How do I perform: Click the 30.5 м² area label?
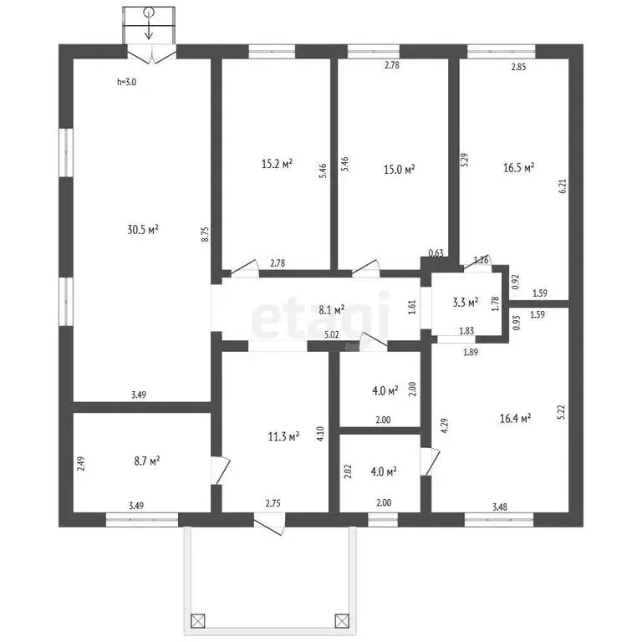tap(143, 229)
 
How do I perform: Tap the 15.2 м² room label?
tap(277, 164)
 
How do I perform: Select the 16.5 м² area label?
tap(519, 167)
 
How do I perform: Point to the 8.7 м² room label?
tap(147, 461)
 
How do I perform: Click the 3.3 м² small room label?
tap(466, 303)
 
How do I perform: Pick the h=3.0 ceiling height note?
tap(126, 82)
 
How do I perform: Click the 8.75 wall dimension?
tap(205, 234)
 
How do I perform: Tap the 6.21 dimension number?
tap(563, 186)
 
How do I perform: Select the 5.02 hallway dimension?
tap(332, 334)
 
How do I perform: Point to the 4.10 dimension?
tap(321, 434)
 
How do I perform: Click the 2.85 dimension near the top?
tap(519, 67)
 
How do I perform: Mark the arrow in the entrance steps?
tap(149, 23)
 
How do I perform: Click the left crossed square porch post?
tap(198, 621)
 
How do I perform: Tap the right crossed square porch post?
tap(342, 621)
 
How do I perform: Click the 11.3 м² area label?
tap(283, 436)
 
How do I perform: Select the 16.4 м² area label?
tap(516, 418)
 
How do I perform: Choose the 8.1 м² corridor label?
tap(332, 310)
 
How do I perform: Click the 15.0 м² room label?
tap(400, 169)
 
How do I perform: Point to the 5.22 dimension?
tap(562, 412)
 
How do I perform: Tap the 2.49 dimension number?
tap(81, 464)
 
